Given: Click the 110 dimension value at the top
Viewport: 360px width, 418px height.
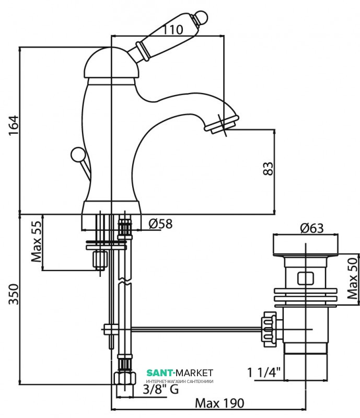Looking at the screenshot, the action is pos(172,30).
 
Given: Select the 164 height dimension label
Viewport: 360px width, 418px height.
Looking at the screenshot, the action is pos(14,125).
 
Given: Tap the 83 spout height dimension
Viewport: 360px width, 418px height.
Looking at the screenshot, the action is pos(268,168).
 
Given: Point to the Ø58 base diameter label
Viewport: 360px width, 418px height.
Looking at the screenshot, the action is pos(160,224).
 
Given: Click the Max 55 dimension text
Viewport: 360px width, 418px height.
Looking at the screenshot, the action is pos(37,241).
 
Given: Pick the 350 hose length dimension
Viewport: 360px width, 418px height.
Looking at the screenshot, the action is pos(14,294).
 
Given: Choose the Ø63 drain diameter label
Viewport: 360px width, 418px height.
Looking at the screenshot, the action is pos(312,228).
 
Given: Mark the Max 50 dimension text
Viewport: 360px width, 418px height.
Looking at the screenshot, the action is pos(352,278).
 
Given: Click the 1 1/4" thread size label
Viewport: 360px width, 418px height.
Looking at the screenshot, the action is pos(264,373).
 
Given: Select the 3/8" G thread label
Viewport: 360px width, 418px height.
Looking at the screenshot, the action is pos(161,389).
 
